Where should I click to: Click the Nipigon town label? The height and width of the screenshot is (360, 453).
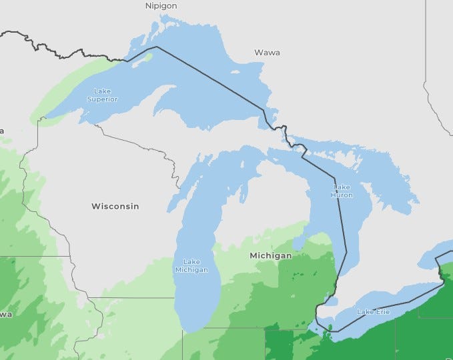click(x=161, y=6)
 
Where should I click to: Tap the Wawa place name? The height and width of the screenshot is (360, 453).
click(x=267, y=52)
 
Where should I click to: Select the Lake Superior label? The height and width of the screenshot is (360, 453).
click(x=102, y=95)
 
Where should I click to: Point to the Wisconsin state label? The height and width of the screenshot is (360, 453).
click(x=115, y=206)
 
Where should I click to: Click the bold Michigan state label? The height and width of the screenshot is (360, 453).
click(x=270, y=255)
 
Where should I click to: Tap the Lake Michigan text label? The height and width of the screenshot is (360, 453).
click(x=191, y=265)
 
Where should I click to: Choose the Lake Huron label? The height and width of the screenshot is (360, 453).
click(x=341, y=191)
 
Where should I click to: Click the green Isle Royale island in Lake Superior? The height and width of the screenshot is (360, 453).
click(x=146, y=57)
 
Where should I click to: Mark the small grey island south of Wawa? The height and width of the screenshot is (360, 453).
click(x=235, y=71)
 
